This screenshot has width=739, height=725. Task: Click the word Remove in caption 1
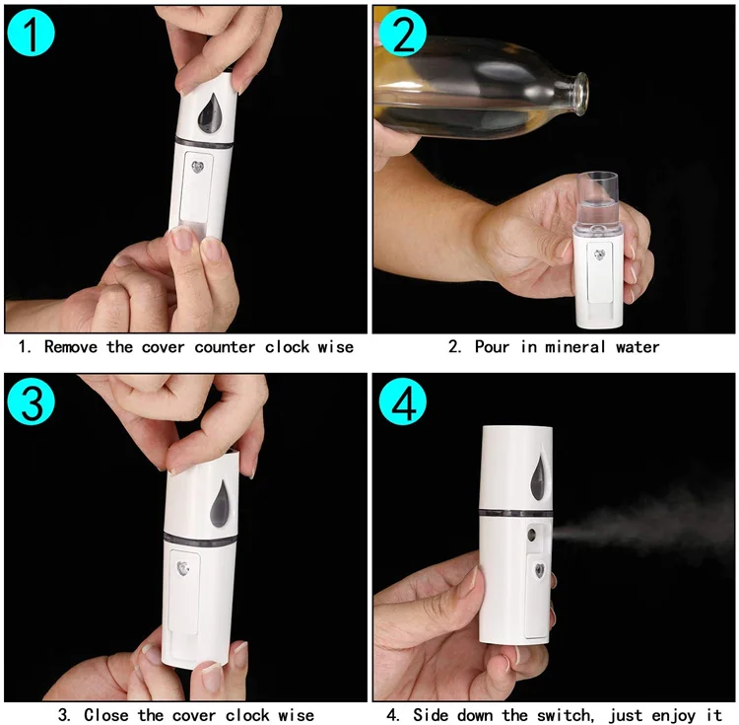[x=72, y=346]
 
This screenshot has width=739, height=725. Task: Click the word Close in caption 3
[x=107, y=714]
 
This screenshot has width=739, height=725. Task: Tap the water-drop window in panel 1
[x=208, y=115]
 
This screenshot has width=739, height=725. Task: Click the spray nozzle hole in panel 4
[x=533, y=536]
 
